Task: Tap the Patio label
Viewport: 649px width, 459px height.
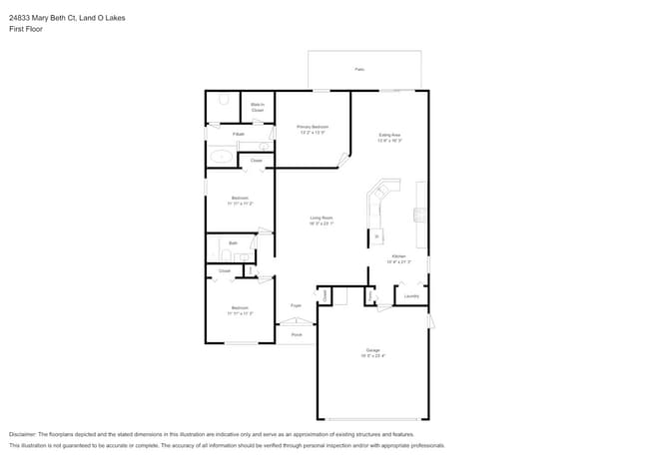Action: pos(359,70)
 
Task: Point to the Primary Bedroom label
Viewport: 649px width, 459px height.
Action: pos(313,128)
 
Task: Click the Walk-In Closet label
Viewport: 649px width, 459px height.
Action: pos(258,106)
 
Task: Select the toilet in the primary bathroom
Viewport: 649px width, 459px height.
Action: pos(224,100)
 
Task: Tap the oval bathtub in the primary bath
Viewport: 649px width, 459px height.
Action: pos(222,157)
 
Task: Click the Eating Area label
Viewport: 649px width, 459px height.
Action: pos(389,135)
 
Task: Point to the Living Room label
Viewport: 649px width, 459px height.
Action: pos(321,218)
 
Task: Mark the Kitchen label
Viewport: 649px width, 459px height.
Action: pos(398,257)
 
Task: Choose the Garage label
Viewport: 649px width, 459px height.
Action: pos(372,351)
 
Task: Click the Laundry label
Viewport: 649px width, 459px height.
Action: pos(410,296)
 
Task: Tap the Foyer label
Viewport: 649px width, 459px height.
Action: pos(296,304)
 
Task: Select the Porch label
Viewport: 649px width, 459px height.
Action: pos(297,334)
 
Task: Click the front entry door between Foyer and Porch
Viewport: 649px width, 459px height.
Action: pos(296,321)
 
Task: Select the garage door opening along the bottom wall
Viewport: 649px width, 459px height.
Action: pos(373,418)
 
